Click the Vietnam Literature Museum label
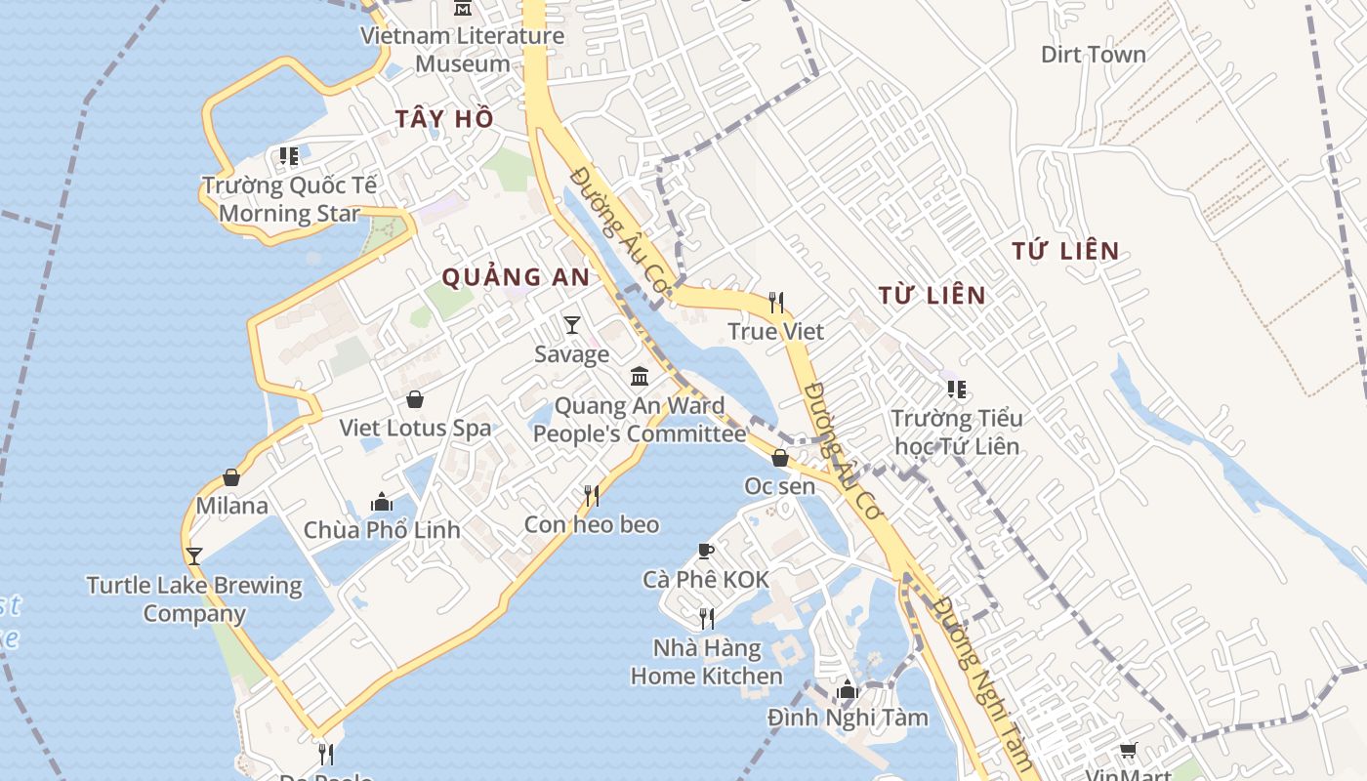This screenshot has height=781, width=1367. click(462, 50)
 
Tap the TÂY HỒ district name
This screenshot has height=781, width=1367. click(444, 119)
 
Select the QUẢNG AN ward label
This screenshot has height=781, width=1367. click(516, 277)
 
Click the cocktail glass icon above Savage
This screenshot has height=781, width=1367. click(572, 325)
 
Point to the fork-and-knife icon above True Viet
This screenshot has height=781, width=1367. click(776, 302)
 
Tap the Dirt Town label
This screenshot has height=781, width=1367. click(1093, 55)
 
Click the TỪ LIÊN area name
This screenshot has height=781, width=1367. click(932, 295)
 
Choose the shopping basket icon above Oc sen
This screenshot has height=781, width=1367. click(780, 457)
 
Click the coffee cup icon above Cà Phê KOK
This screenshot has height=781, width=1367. click(706, 552)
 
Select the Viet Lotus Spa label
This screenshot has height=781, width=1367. click(415, 428)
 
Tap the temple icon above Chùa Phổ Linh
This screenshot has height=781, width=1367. click(382, 502)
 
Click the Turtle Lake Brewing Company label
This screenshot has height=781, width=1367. click(193, 599)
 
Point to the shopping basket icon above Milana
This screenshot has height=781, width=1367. click(231, 477)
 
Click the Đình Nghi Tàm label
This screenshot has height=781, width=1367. click(848, 718)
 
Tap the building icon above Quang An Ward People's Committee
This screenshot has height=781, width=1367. click(640, 376)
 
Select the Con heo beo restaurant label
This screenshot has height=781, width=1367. click(592, 524)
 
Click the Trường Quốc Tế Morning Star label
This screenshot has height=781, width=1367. click(289, 199)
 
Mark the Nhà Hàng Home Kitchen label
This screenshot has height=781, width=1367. click(706, 662)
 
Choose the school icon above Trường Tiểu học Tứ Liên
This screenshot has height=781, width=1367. click(957, 390)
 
